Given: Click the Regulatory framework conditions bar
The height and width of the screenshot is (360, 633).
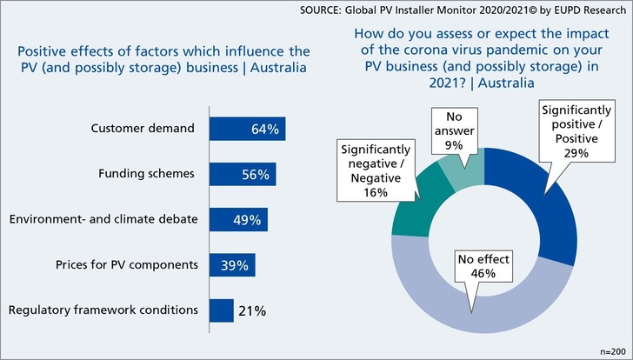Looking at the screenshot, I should [x=222, y=310].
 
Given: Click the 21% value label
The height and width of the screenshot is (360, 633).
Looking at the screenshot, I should [x=253, y=310].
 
